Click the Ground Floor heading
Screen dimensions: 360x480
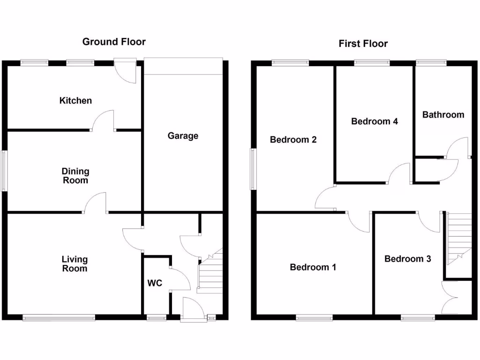pos(114,42)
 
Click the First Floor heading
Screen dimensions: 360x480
pos(363,44)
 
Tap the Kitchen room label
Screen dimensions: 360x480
pos(75,100)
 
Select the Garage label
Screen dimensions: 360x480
pos(183,136)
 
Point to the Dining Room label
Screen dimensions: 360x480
pos(75,176)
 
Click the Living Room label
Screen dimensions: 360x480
pos(75,263)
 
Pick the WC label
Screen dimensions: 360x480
pos(155,283)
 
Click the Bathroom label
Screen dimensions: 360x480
pos(443,114)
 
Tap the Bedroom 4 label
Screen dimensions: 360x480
pos(375,121)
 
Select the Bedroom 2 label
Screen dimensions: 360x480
pos(293,140)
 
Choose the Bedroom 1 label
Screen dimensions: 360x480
pos(313,267)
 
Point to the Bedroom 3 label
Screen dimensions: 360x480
pos(407,259)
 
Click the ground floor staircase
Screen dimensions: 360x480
pos(210,274)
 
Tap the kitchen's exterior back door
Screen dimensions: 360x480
pos(126,71)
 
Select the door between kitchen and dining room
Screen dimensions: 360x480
pos(103,121)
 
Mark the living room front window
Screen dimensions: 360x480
pos(59,318)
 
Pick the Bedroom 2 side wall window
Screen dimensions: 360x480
pos(254,169)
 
